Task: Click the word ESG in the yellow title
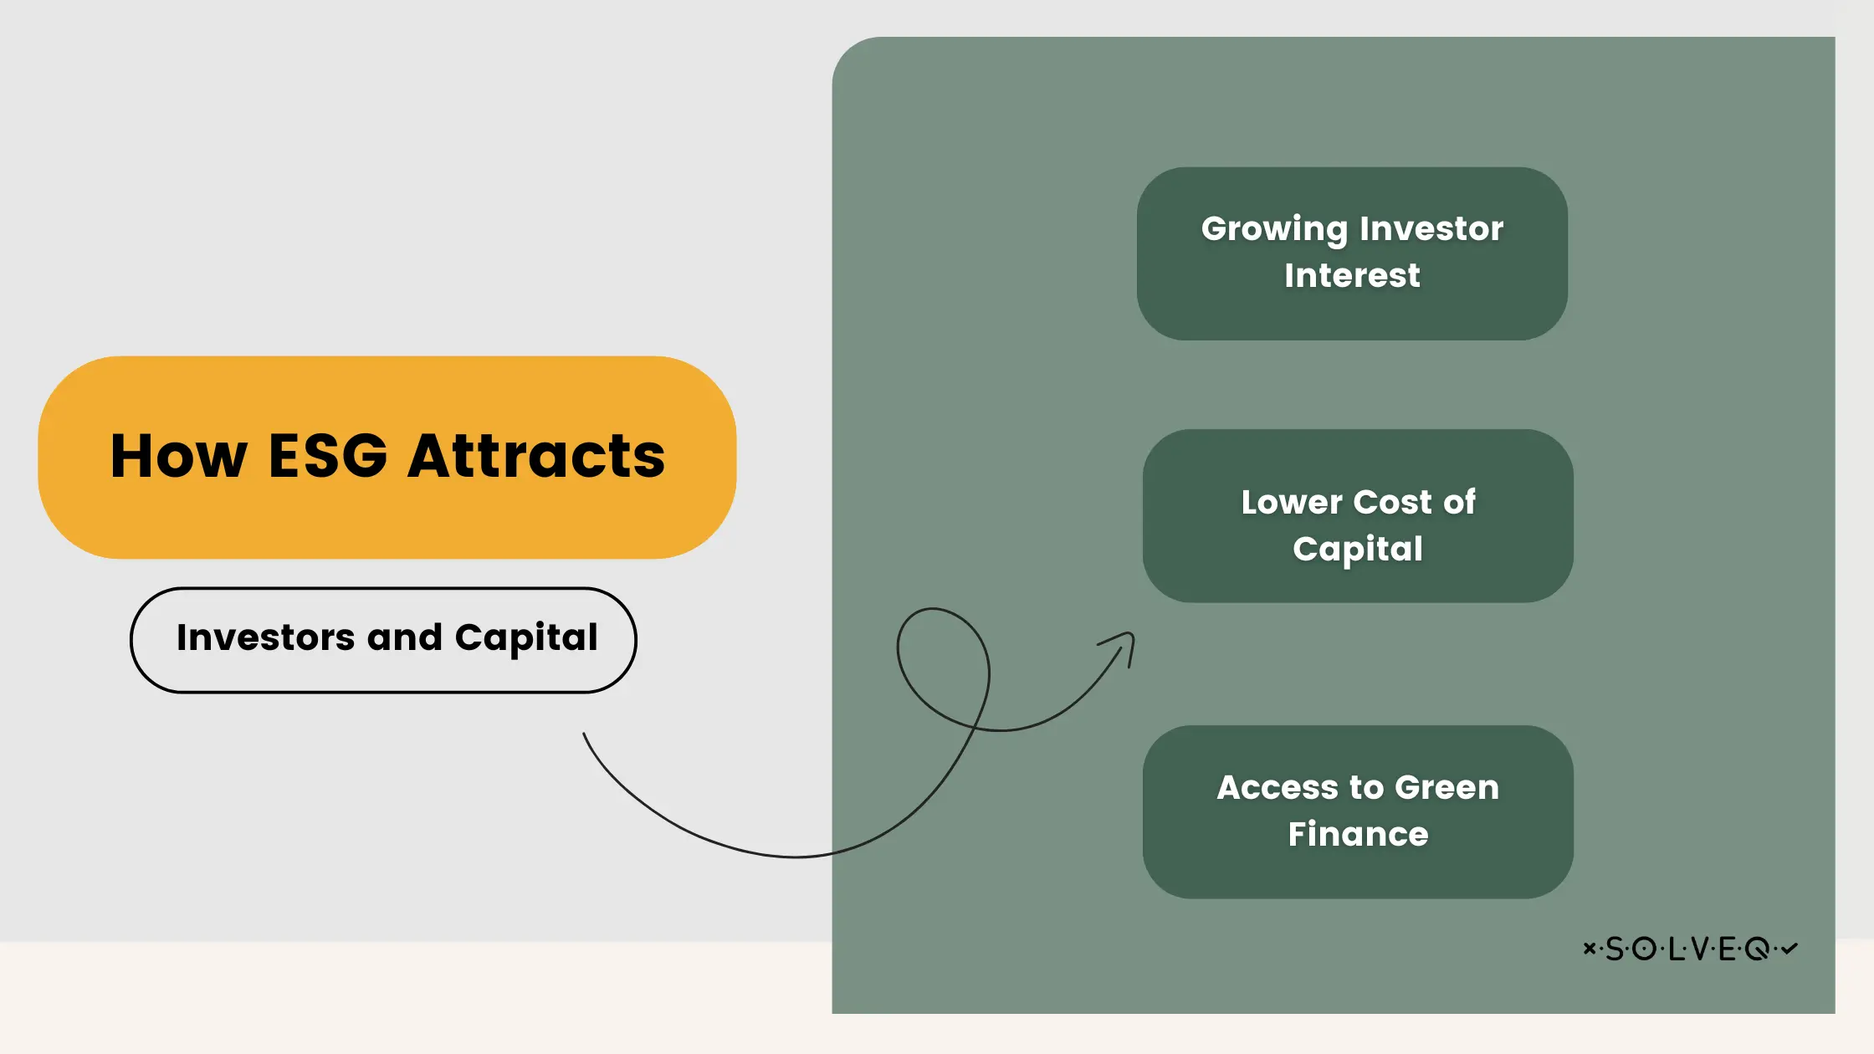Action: (x=328, y=457)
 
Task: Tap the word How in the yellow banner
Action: (x=179, y=457)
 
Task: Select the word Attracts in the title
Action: (x=536, y=457)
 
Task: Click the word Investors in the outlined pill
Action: (x=265, y=638)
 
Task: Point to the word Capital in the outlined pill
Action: (x=526, y=638)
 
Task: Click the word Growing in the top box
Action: (x=1274, y=229)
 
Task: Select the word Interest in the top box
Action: (x=1352, y=275)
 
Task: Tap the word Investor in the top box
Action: (x=1431, y=228)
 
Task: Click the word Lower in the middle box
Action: (x=1291, y=502)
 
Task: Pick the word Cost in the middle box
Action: (x=1392, y=502)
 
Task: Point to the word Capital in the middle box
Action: (x=1357, y=550)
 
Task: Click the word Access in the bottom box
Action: (x=1277, y=787)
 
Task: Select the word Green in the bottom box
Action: (x=1446, y=787)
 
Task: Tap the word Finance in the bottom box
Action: (x=1358, y=834)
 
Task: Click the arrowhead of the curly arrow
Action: (x=1124, y=642)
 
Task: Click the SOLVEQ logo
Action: (x=1690, y=949)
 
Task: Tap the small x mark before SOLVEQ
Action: (x=1589, y=948)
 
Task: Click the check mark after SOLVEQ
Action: (x=1789, y=948)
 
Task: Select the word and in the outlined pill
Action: (x=404, y=638)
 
